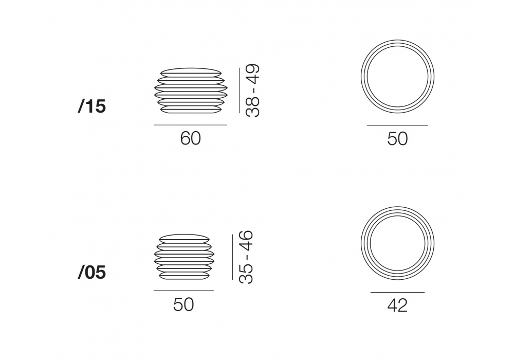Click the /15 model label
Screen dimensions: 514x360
click(92, 106)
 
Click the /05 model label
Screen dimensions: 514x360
click(92, 272)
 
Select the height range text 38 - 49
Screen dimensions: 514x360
click(253, 91)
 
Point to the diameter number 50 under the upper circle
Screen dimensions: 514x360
click(397, 139)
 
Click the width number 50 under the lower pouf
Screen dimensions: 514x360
click(183, 304)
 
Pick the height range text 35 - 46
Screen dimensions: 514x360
click(246, 257)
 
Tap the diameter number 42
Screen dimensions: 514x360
click(397, 305)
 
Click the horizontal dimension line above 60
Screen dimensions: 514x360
click(191, 125)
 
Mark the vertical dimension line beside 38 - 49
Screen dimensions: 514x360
click(240, 91)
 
